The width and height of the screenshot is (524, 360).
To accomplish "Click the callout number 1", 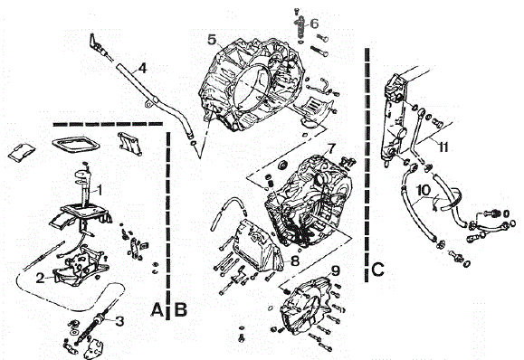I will pyautogui.click(x=101, y=190).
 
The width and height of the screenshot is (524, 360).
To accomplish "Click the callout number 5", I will pyautogui.click(x=211, y=40).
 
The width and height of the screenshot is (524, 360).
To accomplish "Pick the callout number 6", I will pyautogui.click(x=314, y=23).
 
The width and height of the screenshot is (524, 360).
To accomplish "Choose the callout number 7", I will pyautogui.click(x=331, y=147).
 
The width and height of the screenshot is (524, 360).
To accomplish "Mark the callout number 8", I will pyautogui.click(x=295, y=260).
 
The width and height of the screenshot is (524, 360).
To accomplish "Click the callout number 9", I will pyautogui.click(x=334, y=269).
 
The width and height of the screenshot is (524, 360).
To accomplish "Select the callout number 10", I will pyautogui.click(x=424, y=191).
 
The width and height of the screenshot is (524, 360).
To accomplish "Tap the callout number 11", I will pyautogui.click(x=443, y=145).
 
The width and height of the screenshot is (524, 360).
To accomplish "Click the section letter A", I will pyautogui.click(x=157, y=310).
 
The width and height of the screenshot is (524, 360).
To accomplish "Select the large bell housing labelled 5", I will pyautogui.click(x=258, y=81).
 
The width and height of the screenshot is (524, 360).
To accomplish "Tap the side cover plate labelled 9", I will pyautogui.click(x=303, y=308).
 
